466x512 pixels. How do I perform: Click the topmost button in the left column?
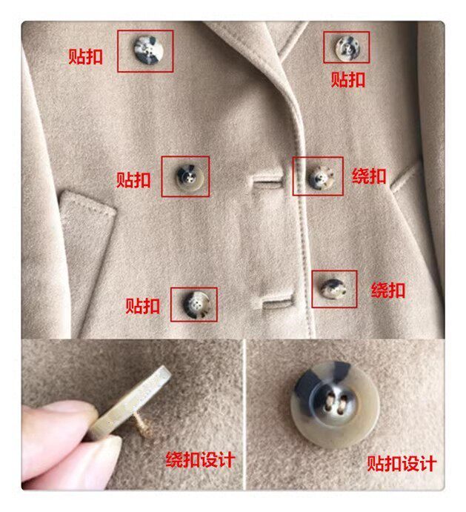(148, 50)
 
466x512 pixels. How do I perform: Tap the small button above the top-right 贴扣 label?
(348, 47)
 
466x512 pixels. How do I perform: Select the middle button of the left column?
(190, 178)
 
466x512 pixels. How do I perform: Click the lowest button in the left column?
(196, 305)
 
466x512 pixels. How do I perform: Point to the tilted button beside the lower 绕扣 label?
(333, 288)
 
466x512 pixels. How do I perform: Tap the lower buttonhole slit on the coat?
(277, 302)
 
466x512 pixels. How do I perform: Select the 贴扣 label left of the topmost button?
(85, 57)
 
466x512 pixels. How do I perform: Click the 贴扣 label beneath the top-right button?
(348, 79)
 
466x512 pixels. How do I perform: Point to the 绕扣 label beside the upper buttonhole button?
(369, 176)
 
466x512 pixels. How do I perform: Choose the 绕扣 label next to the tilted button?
(388, 290)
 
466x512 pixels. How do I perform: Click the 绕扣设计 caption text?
(201, 459)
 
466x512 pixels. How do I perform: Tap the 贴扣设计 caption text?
(402, 463)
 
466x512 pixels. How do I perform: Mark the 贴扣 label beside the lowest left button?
(143, 306)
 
